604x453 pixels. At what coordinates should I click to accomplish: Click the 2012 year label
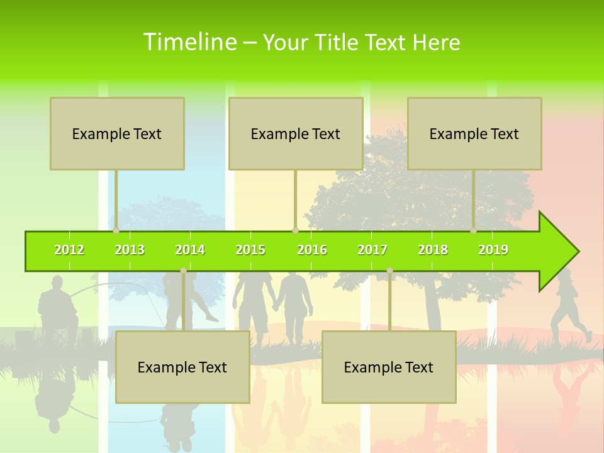(x=69, y=250)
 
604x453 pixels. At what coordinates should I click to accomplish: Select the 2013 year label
(x=130, y=250)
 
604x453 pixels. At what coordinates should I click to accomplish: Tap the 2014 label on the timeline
(x=190, y=250)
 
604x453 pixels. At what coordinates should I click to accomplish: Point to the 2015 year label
(x=250, y=250)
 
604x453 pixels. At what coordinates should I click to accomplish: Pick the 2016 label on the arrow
(x=312, y=250)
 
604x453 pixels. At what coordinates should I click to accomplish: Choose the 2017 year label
(x=372, y=250)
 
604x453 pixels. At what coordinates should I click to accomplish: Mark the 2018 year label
(x=433, y=250)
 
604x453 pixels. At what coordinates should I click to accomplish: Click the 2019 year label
(x=493, y=250)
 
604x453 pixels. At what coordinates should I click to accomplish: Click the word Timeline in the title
(x=189, y=42)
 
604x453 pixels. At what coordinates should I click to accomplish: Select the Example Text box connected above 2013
(x=117, y=133)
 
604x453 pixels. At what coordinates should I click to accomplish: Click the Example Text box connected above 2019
(x=474, y=133)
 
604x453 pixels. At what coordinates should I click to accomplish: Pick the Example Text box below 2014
(x=182, y=367)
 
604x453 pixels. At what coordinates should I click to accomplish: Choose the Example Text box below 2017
(x=389, y=367)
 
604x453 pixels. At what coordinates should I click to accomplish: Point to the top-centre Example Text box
(x=296, y=133)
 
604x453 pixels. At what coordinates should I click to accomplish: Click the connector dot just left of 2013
(x=116, y=230)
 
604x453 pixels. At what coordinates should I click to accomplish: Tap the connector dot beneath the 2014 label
(x=183, y=271)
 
